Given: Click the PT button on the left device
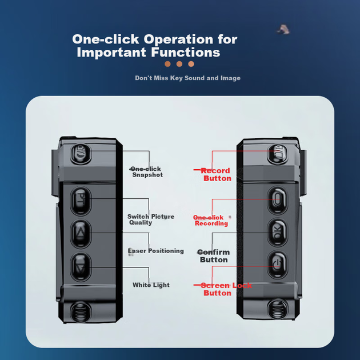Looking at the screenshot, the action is (x=81, y=201).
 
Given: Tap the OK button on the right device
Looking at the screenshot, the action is (x=277, y=233).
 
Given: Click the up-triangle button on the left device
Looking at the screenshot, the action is (x=81, y=234).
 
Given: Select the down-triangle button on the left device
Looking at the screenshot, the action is (x=81, y=267).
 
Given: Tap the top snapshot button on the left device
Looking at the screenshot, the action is (x=81, y=154).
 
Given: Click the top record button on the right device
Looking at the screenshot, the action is (x=277, y=154).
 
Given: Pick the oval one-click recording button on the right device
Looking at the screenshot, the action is (x=277, y=200).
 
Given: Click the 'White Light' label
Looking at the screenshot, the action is (x=151, y=285).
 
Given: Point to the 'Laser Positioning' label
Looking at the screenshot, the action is (x=156, y=251).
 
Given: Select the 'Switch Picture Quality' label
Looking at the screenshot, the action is (x=151, y=219).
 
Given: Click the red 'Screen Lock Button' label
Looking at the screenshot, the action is (x=226, y=289).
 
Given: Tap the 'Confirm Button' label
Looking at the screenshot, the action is (x=214, y=256).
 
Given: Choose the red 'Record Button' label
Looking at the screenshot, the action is (x=216, y=174).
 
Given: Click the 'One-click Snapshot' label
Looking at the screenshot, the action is (x=146, y=172).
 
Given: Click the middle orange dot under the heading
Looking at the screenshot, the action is (x=179, y=64).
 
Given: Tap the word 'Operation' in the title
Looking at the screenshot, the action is (x=178, y=39).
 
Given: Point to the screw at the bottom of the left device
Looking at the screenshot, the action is (x=81, y=312).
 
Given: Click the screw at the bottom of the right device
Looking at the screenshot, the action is (x=277, y=309).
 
